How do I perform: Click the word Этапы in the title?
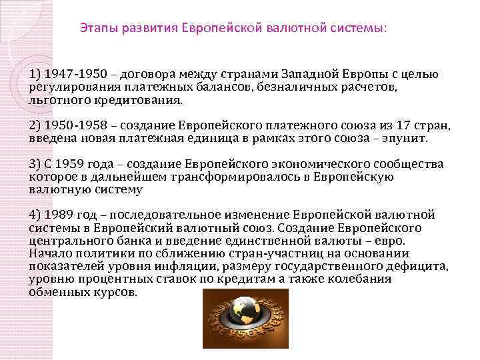click(x=97, y=29)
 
